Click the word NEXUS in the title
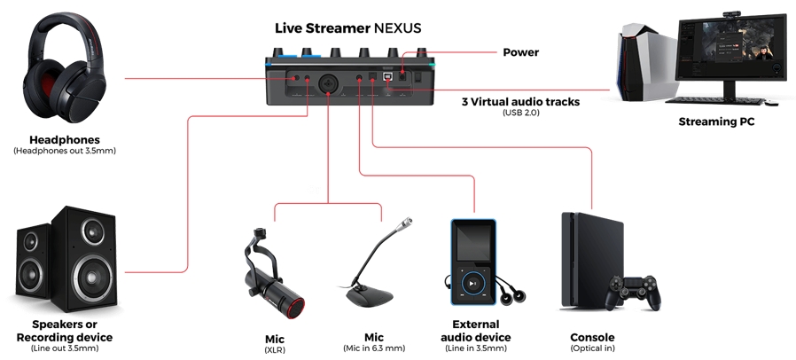397,27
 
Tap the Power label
520,52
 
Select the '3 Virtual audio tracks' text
520,102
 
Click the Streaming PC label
716,121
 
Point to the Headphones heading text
65,139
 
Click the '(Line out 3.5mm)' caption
65,348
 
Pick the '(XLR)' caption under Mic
275,350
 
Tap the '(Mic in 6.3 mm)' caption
374,348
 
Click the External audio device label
476,331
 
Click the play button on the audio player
472,284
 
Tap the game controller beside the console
635,293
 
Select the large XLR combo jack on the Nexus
328,83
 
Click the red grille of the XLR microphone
295,308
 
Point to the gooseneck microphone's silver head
405,223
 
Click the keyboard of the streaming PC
714,101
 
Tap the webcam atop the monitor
731,13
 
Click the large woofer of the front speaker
91,278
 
